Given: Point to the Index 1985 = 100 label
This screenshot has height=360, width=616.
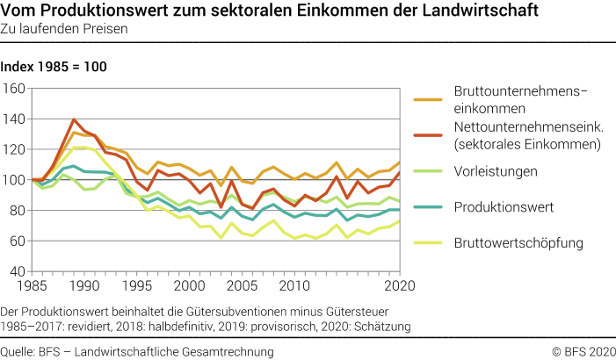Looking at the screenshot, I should pos(60,67).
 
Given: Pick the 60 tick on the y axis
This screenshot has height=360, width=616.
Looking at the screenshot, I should pos(16,241).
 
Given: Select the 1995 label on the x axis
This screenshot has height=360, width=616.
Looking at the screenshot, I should pos(135,286).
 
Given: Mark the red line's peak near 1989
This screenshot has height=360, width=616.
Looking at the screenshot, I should pos(75,119).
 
